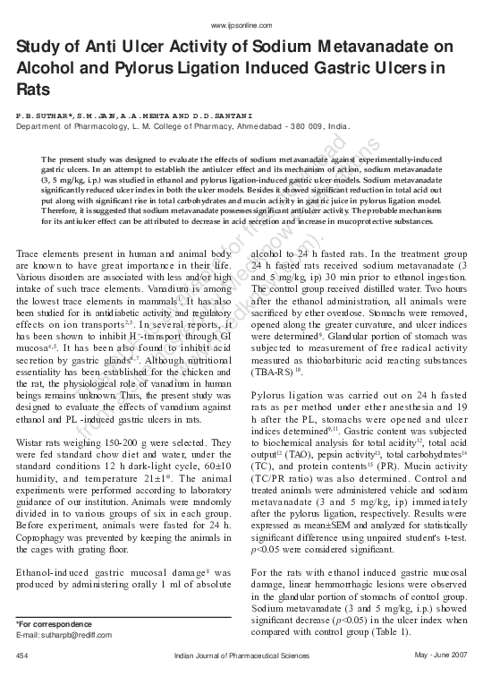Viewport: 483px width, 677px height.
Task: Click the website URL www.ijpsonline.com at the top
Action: click(241, 25)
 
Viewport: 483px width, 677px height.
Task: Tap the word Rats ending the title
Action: click(33, 91)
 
